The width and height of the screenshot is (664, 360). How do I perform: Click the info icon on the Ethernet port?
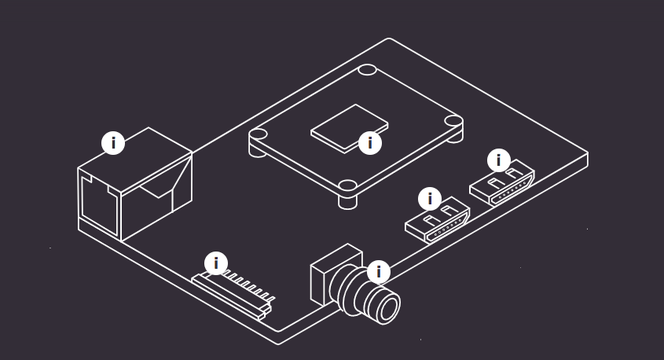(113, 143)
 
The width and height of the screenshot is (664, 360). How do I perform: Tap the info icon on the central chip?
(370, 143)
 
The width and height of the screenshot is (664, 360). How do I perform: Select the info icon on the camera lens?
(379, 272)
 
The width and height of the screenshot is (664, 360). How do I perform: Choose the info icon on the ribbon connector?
(216, 263)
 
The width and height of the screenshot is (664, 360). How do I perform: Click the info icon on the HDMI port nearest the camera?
(430, 199)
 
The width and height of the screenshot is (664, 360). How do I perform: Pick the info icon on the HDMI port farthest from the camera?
(499, 160)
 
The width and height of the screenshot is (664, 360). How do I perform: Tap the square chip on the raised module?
(350, 128)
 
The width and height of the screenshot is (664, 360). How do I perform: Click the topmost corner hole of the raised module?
(367, 69)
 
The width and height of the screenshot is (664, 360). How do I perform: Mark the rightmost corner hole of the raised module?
(453, 121)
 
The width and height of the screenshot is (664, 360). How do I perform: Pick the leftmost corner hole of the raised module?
(258, 134)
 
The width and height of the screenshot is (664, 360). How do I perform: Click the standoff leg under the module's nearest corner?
(347, 201)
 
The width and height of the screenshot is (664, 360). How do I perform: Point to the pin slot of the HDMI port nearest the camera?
(447, 230)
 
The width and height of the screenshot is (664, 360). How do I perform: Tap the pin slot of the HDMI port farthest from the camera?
(512, 192)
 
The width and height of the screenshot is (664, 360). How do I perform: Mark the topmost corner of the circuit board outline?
(389, 39)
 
